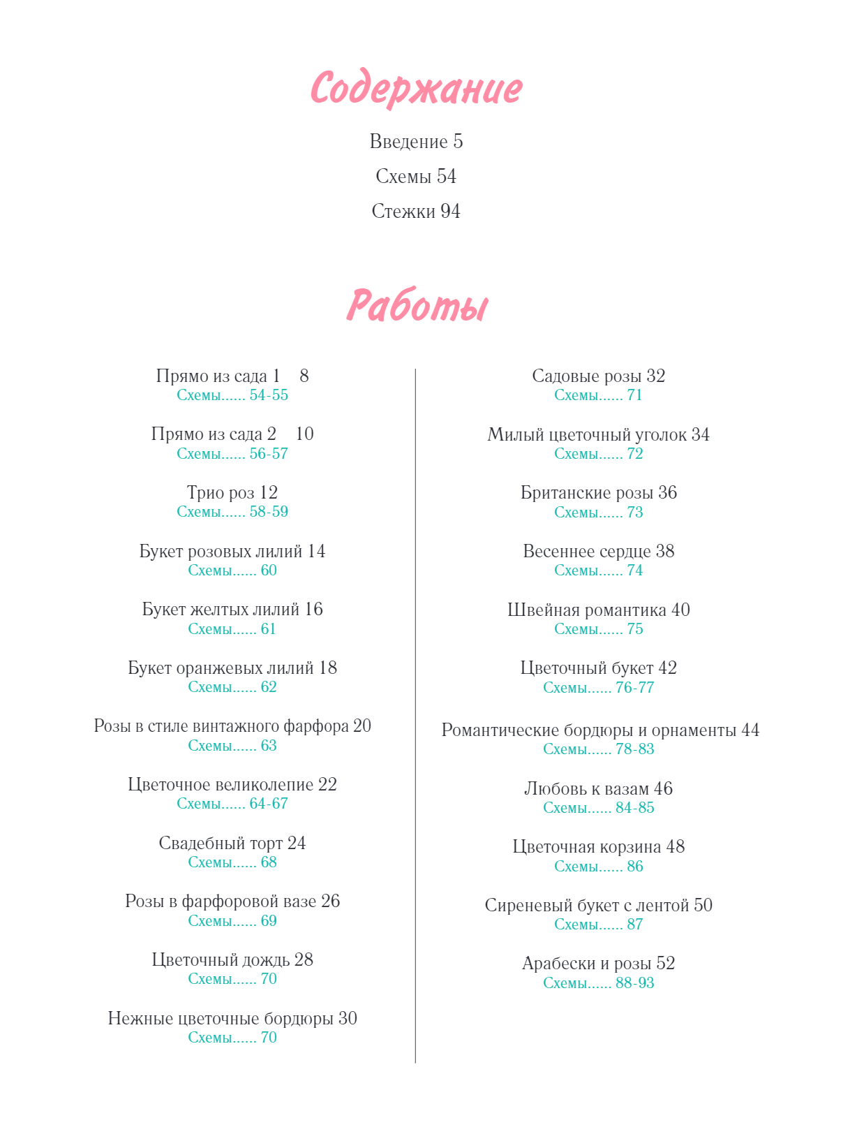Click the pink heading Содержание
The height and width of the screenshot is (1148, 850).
click(416, 89)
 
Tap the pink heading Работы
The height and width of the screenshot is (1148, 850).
click(417, 306)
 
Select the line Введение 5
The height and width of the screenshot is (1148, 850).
click(416, 142)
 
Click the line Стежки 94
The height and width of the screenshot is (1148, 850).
click(416, 212)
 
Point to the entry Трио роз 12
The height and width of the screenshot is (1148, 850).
click(232, 493)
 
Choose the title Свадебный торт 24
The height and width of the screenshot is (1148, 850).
click(232, 844)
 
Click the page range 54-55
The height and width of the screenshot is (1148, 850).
click(269, 395)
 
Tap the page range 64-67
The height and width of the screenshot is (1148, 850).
click(269, 804)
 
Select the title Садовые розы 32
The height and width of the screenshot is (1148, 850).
click(598, 376)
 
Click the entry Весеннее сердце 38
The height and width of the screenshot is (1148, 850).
click(598, 552)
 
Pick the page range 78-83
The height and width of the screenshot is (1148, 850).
click(635, 749)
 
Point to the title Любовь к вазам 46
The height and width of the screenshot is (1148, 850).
click(598, 789)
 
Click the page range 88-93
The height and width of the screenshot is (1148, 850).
click(635, 983)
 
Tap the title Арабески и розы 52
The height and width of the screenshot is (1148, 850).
click(598, 964)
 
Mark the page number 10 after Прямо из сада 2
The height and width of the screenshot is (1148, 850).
click(304, 434)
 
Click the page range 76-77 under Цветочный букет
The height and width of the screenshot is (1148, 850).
click(635, 688)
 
